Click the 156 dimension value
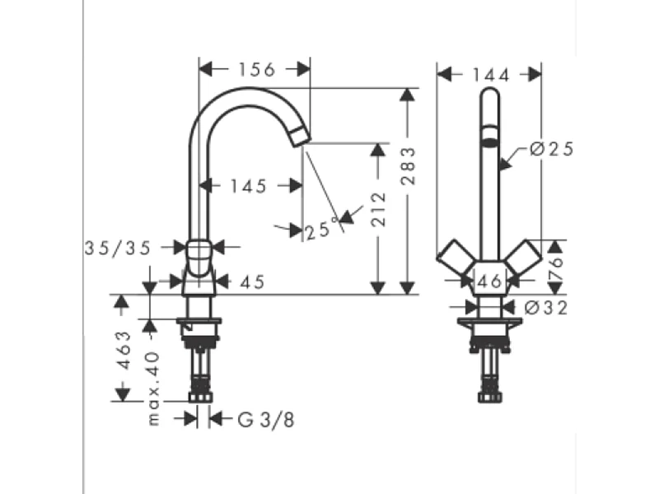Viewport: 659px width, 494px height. [255, 70]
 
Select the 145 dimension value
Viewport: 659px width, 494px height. [249, 187]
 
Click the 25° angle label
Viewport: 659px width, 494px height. [321, 230]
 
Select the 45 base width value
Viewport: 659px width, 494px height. [253, 282]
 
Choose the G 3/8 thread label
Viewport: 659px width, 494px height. [265, 420]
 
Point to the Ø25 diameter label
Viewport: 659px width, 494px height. [550, 149]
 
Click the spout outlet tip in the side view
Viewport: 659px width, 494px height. [301, 137]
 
